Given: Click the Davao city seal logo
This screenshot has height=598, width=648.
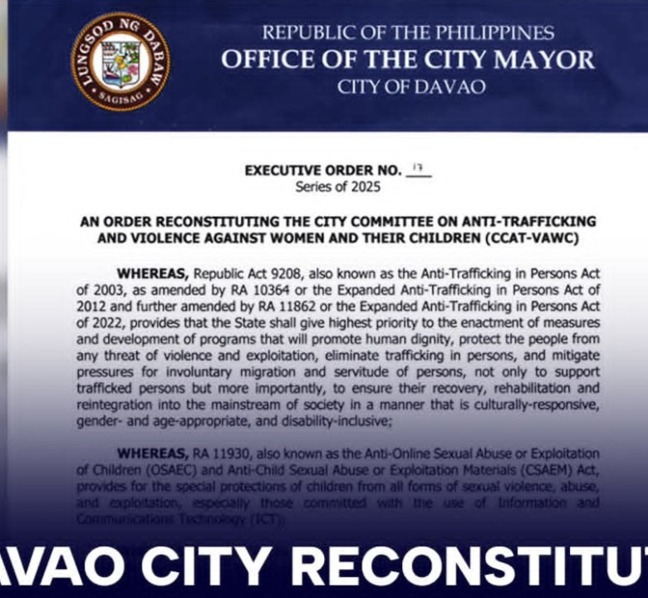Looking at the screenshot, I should [120, 62].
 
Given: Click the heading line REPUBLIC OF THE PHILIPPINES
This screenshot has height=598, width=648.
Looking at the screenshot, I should [408, 33].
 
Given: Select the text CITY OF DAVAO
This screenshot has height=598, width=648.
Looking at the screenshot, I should [411, 87].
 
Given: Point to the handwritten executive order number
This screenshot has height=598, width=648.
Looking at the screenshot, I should [418, 169].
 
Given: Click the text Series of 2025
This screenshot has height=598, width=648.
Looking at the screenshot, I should [338, 187].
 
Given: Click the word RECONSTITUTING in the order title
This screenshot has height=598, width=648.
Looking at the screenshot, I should [243, 223].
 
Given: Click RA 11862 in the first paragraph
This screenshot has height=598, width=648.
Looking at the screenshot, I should [282, 304].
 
